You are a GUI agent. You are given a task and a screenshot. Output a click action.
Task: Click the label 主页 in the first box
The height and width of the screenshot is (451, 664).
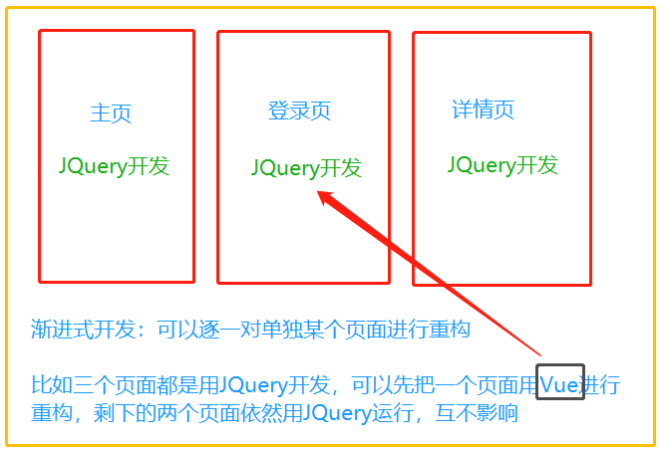pyautogui.click(x=111, y=113)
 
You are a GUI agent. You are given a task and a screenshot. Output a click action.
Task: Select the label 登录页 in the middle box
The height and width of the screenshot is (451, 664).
pyautogui.click(x=299, y=111)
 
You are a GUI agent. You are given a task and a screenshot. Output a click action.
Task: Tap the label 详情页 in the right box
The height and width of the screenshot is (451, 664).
pyautogui.click(x=484, y=110)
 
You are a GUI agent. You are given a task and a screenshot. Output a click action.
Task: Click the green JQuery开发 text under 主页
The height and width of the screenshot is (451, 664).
pyautogui.click(x=114, y=166)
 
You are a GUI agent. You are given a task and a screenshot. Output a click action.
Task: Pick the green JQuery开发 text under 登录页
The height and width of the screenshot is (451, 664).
pyautogui.click(x=306, y=168)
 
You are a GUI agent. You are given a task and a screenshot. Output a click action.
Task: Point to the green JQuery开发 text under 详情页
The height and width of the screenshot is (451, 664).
pyautogui.click(x=502, y=165)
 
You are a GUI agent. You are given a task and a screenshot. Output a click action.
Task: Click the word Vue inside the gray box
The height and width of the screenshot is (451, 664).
pyautogui.click(x=559, y=383)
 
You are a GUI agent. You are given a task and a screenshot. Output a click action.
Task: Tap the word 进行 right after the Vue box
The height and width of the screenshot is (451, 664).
pyautogui.click(x=601, y=384)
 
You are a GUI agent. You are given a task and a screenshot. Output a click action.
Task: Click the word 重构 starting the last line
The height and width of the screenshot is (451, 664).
pyautogui.click(x=51, y=412)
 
